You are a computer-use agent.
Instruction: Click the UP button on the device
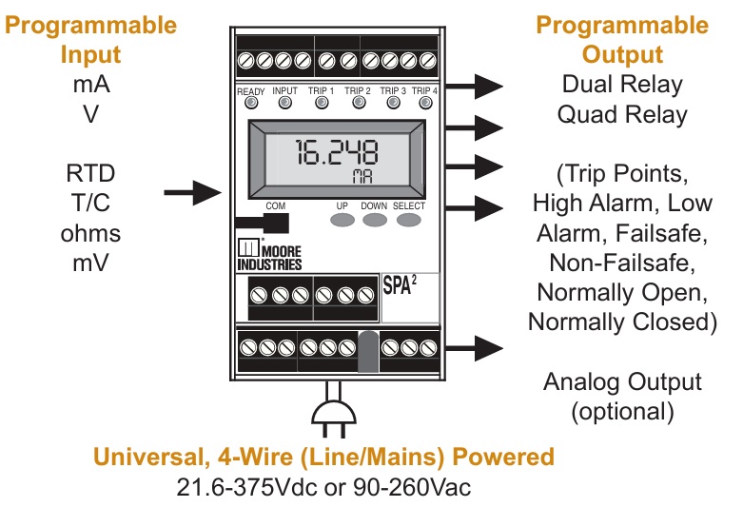(342, 219)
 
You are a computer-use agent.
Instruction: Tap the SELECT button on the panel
(409, 219)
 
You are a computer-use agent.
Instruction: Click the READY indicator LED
(250, 105)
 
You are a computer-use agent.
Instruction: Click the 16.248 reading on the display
(335, 153)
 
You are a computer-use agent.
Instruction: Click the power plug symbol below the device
(335, 409)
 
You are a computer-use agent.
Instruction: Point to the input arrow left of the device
(194, 193)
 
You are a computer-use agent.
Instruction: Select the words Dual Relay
(623, 84)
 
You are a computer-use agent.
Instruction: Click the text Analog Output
(623, 382)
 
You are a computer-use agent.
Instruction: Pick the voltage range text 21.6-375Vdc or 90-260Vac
(323, 488)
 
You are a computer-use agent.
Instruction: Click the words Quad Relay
(623, 115)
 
